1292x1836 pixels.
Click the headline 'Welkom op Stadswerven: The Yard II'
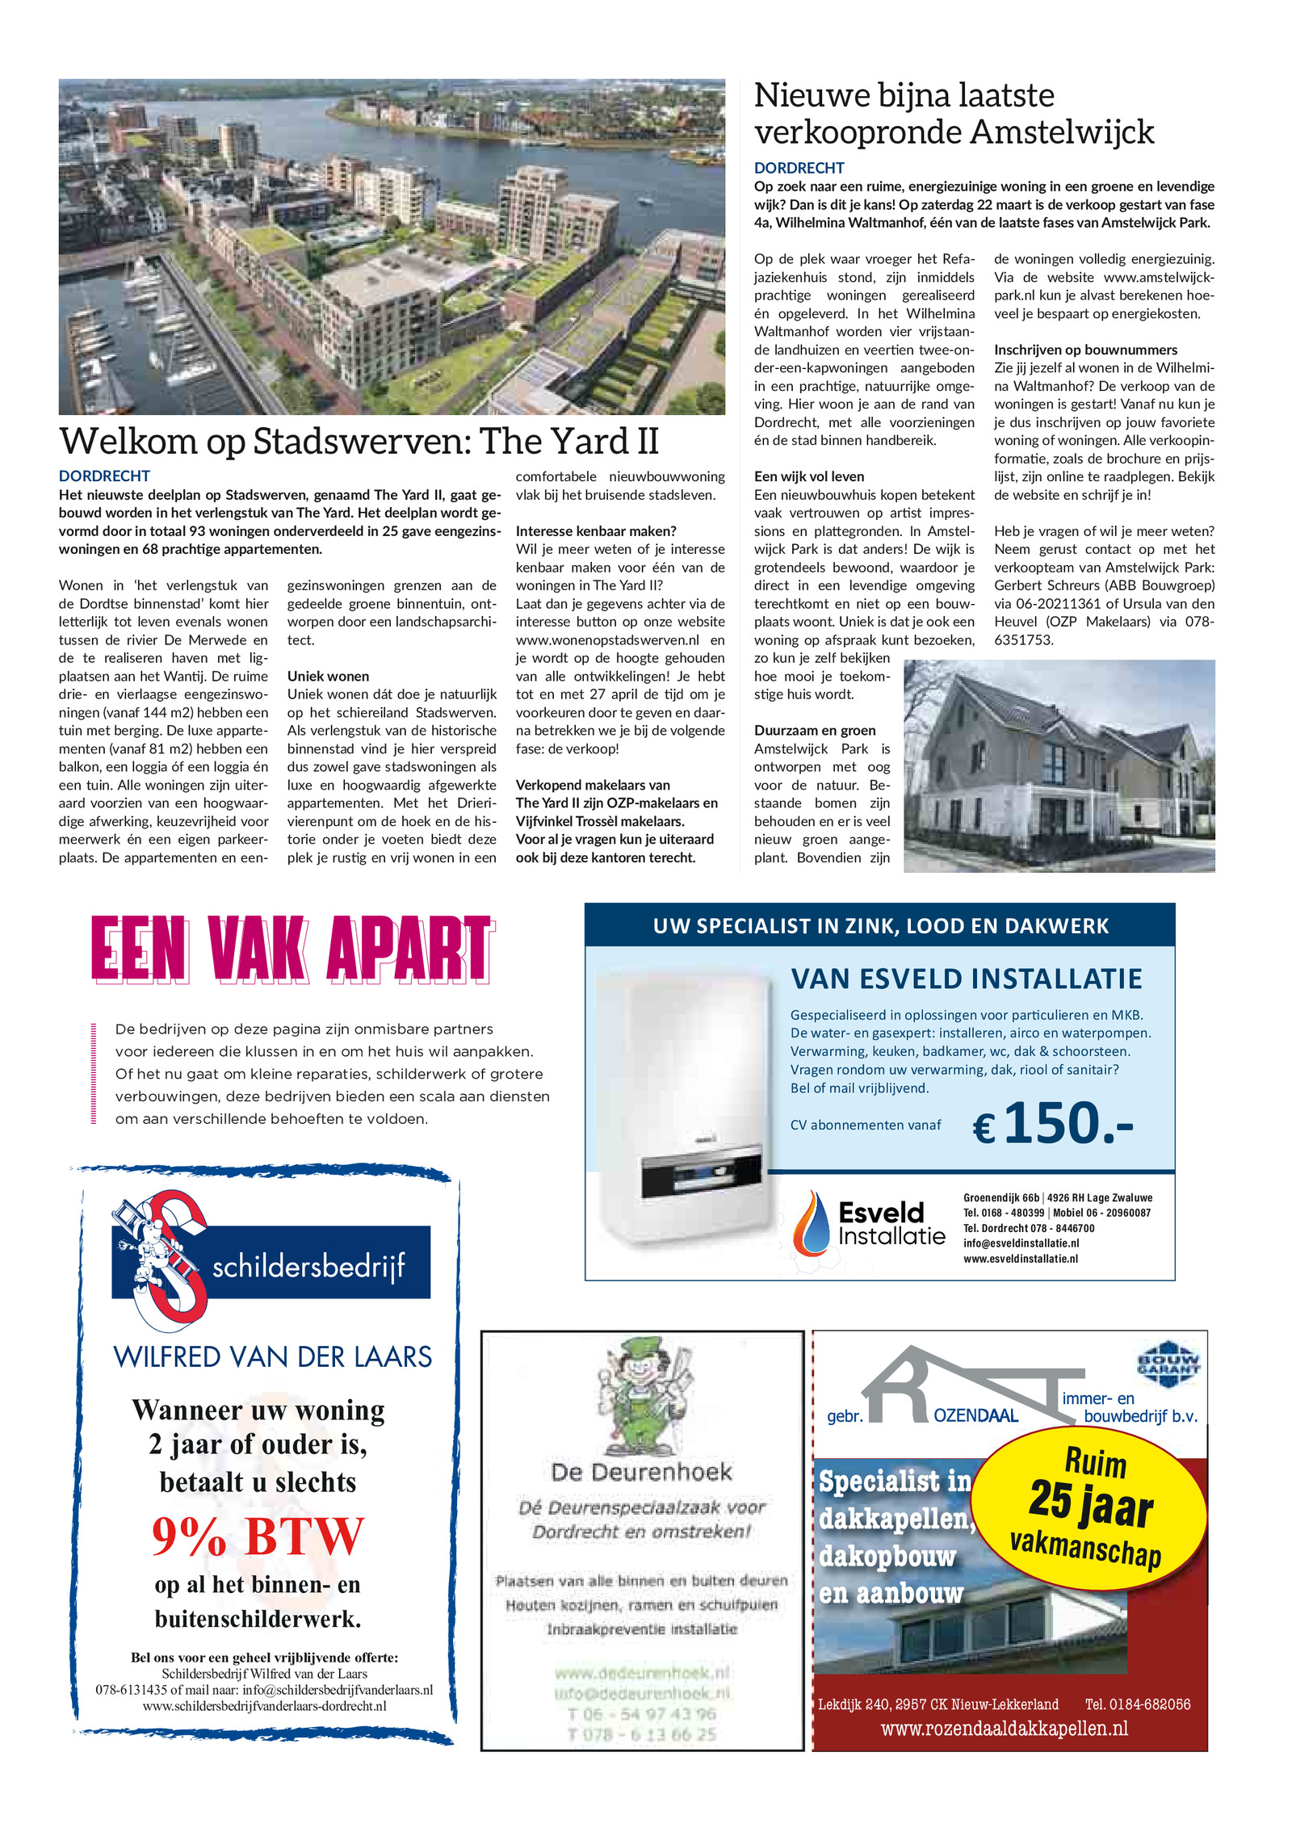pyautogui.click(x=359, y=442)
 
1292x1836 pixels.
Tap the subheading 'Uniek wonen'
pyautogui.click(x=328, y=676)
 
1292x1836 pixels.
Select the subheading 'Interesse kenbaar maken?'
pyautogui.click(x=595, y=530)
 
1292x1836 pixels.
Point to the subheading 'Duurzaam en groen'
pyautogui.click(x=814, y=730)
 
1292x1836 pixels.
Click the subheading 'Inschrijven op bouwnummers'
pyautogui.click(x=1084, y=350)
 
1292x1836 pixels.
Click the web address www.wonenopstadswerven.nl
pyautogui.click(x=606, y=639)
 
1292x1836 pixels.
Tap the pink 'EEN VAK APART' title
pyautogui.click(x=292, y=949)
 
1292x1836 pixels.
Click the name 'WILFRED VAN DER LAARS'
pyautogui.click(x=272, y=1357)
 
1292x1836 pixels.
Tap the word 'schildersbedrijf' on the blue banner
pyautogui.click(x=308, y=1266)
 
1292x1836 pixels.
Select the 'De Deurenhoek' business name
pyautogui.click(x=641, y=1471)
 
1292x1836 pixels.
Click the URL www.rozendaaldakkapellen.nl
pyautogui.click(x=1004, y=1728)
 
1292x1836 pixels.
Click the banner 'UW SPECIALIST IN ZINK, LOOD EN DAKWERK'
pyautogui.click(x=879, y=925)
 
